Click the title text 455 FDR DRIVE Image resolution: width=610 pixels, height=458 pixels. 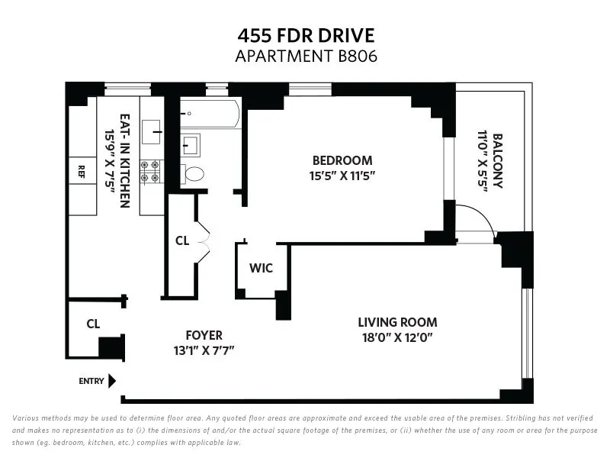[305, 37]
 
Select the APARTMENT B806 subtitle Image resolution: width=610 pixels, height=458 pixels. [305, 56]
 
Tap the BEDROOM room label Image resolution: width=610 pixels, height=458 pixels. [342, 160]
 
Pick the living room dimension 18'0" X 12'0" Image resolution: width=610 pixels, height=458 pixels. [399, 337]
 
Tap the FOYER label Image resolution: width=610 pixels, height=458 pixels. [204, 335]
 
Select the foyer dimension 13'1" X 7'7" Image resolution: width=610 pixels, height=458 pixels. [204, 350]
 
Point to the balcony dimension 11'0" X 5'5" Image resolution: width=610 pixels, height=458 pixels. [482, 162]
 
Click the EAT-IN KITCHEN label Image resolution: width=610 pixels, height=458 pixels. [125, 162]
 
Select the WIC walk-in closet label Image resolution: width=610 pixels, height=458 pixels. [261, 269]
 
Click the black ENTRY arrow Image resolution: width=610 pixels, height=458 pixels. [111, 380]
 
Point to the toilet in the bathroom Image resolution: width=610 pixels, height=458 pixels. [194, 174]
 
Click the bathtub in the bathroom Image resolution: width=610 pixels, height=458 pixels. [210, 114]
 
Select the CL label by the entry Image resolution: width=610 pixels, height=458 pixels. [93, 324]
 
